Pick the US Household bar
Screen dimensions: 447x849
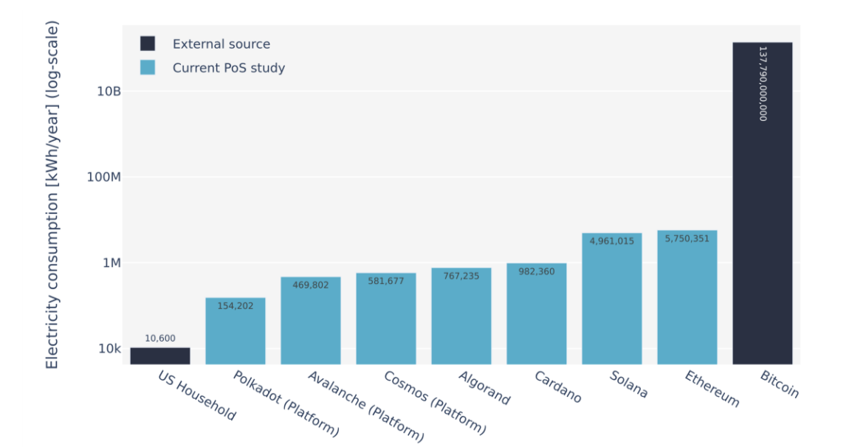pos(160,356)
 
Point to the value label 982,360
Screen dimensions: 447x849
pos(536,271)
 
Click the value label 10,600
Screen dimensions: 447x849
pos(160,339)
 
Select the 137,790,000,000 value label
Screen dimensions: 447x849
pos(763,83)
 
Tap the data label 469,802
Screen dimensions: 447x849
pos(310,285)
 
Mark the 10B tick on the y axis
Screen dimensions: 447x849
pos(109,91)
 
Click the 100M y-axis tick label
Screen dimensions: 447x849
pos(105,177)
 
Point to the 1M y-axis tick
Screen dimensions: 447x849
pos(111,263)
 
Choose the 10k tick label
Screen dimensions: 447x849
pos(110,349)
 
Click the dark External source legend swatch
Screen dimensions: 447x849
pos(148,44)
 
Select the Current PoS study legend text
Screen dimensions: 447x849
pos(228,68)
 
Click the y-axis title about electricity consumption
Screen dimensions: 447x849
pos(52,195)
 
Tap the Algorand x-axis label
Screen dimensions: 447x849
pos(484,388)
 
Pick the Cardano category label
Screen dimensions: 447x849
pos(559,387)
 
